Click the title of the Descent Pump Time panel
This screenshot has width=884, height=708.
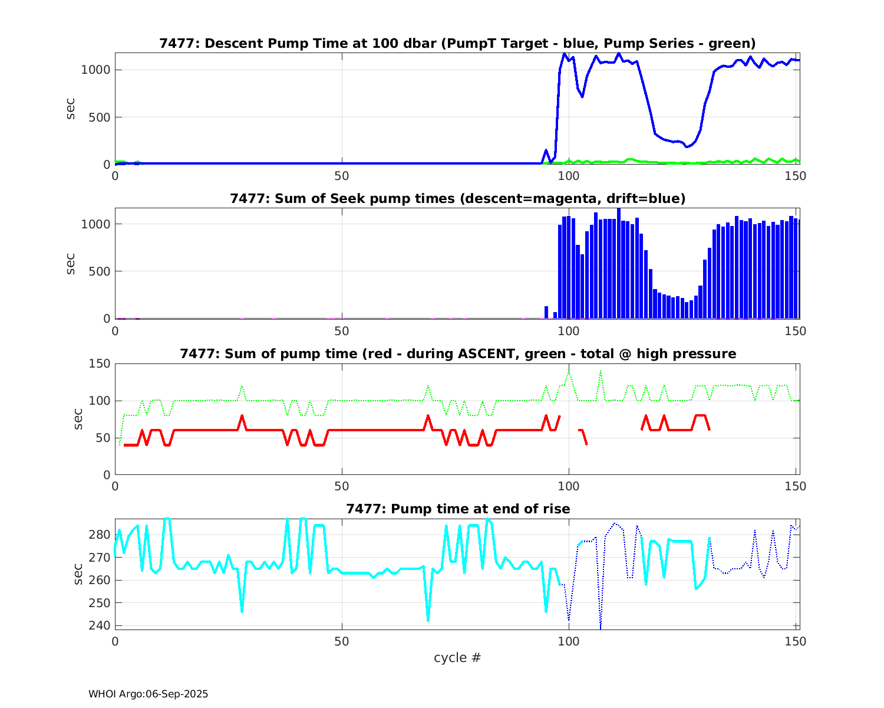point(457,43)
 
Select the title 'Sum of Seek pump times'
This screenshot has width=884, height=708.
point(457,198)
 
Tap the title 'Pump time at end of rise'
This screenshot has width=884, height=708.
point(457,509)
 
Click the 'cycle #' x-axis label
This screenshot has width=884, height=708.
point(457,657)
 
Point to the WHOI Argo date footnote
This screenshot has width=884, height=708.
point(148,694)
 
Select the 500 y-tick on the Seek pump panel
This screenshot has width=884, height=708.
point(99,271)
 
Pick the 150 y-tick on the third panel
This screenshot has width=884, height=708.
point(99,363)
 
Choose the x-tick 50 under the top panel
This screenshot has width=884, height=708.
point(342,176)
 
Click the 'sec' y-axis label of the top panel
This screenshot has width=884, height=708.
point(71,109)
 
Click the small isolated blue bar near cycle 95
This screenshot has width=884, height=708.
point(546,312)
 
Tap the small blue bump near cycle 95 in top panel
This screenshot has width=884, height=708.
point(546,150)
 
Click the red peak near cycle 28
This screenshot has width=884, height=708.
point(242,416)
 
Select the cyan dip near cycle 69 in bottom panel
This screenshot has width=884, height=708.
point(428,619)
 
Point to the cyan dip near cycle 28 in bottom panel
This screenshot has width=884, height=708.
point(242,611)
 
